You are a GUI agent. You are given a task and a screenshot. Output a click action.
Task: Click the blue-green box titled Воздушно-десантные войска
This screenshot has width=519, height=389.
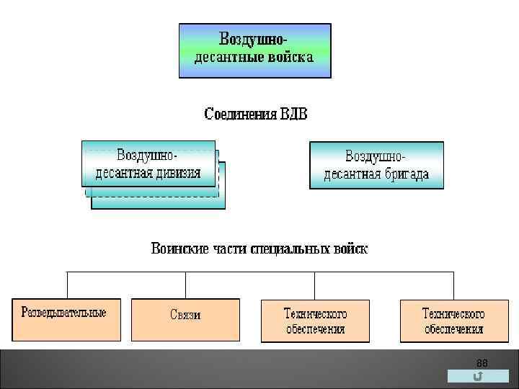click(x=254, y=50)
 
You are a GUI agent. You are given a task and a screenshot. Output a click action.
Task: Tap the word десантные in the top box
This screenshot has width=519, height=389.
click(x=226, y=58)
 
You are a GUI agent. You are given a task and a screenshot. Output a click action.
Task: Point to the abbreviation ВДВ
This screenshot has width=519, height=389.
click(x=291, y=115)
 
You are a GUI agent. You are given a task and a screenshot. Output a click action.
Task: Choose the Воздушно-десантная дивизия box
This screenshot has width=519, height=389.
click(x=148, y=164)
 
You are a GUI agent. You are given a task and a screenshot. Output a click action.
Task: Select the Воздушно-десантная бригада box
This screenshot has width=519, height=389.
click(x=376, y=165)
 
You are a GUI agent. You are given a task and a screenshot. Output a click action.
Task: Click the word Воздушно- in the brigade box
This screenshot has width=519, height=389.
click(x=376, y=156)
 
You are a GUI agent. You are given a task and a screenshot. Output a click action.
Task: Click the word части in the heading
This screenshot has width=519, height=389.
click(x=230, y=249)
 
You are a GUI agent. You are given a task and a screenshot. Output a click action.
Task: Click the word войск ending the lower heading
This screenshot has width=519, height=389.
click(x=350, y=249)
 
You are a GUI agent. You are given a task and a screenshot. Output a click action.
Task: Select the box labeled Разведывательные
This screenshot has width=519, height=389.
click(x=65, y=319)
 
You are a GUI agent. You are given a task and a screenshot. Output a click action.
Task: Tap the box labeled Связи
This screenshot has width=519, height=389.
click(x=185, y=319)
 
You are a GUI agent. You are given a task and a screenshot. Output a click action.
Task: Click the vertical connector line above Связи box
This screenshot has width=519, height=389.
click(x=185, y=285)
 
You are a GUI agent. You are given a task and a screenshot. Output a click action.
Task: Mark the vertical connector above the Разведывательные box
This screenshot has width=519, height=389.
click(x=67, y=285)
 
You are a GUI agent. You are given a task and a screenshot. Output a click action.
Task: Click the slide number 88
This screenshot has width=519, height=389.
click(x=482, y=362)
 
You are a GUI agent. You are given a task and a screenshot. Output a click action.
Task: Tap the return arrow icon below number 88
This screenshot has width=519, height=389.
click(x=478, y=377)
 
